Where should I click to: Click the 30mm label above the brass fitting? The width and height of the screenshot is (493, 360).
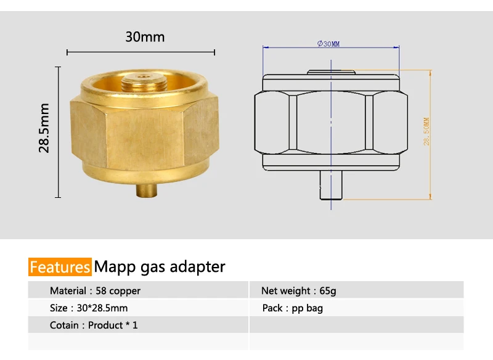pos(145,37)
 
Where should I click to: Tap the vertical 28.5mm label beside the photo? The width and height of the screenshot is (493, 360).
pos(44,128)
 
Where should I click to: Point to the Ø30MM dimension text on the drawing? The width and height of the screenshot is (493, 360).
pos(328,43)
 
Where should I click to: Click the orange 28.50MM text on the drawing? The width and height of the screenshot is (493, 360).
pos(426,131)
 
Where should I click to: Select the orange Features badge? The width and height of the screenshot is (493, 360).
pos(60,267)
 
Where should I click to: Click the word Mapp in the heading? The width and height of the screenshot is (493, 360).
pos(115,268)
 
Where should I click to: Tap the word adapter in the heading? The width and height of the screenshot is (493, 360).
pos(197,268)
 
